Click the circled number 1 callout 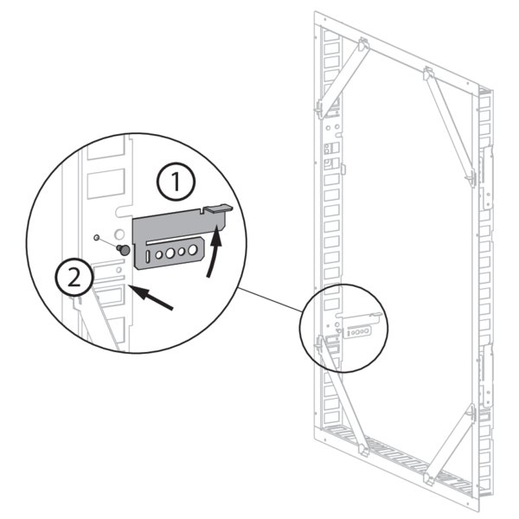[x=176, y=182]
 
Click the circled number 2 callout [x=74, y=278]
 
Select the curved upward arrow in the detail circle [x=215, y=250]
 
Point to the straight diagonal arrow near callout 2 [x=151, y=298]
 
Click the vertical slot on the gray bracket [x=148, y=257]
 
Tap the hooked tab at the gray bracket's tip [x=219, y=208]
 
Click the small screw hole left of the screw [x=96, y=237]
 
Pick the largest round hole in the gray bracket [x=170, y=253]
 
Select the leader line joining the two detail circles [x=270, y=300]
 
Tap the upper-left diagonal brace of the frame [x=343, y=79]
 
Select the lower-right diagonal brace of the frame [x=450, y=444]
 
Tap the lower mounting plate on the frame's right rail [x=486, y=375]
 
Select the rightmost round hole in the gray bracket [x=192, y=250]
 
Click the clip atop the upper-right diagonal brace [x=428, y=74]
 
